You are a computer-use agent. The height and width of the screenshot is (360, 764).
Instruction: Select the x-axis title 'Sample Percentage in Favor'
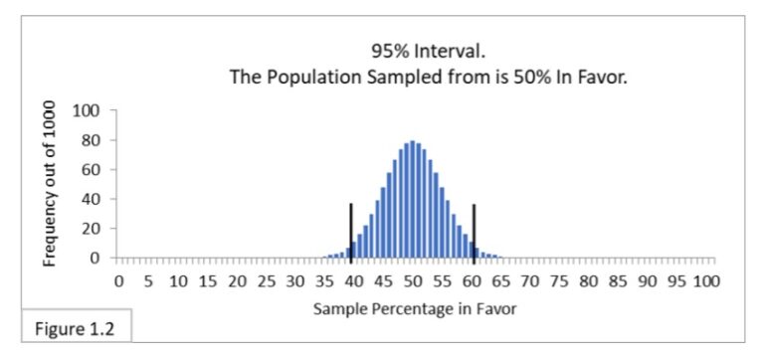click(415, 308)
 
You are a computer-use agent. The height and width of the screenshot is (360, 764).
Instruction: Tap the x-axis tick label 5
click(147, 282)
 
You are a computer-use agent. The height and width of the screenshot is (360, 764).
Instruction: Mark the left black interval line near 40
click(351, 229)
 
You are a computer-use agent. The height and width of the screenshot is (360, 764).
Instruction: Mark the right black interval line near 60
click(475, 229)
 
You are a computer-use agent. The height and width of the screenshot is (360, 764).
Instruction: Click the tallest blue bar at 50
click(413, 199)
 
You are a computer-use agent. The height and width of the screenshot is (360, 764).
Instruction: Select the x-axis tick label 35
click(324, 282)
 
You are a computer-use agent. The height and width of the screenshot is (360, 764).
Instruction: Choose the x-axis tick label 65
click(501, 282)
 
